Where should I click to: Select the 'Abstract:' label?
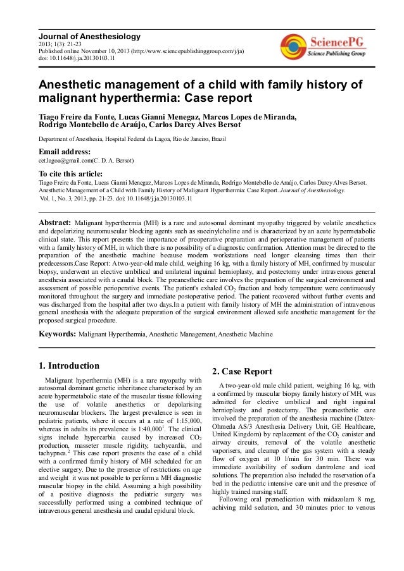pyautogui.click(x=55, y=223)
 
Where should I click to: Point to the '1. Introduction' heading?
pyautogui.click(x=69, y=365)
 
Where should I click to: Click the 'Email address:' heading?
pyautogui.click(x=65, y=152)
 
